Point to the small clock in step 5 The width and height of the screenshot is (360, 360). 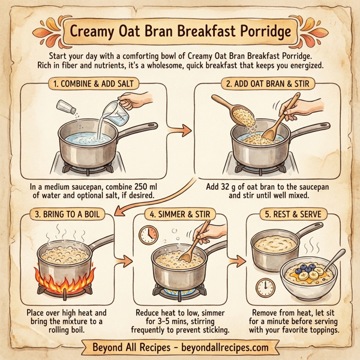(268, 285)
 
